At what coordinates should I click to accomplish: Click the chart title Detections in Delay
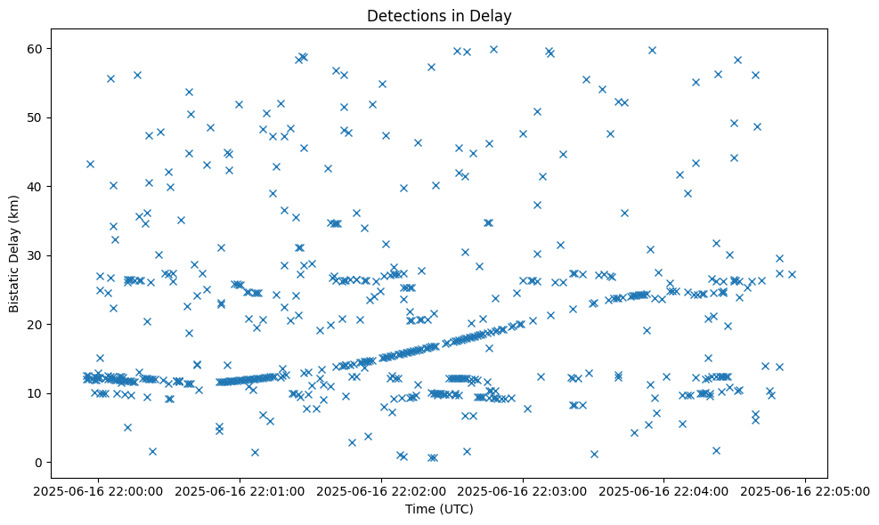[439, 15]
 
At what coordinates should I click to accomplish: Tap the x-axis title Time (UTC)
[439, 509]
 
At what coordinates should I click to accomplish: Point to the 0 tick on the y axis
[39, 462]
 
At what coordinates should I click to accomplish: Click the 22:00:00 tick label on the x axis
[99, 489]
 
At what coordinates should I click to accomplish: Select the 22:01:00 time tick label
[240, 489]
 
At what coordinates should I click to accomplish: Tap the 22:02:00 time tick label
[382, 489]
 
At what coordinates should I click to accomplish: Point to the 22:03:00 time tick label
[523, 489]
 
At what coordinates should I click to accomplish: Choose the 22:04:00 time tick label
[664, 489]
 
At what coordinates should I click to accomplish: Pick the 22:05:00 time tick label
[806, 489]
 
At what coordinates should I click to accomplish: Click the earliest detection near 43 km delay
[90, 164]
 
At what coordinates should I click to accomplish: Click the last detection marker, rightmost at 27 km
[792, 274]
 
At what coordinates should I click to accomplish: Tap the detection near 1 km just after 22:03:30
[594, 454]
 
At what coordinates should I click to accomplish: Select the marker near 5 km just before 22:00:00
[127, 427]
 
